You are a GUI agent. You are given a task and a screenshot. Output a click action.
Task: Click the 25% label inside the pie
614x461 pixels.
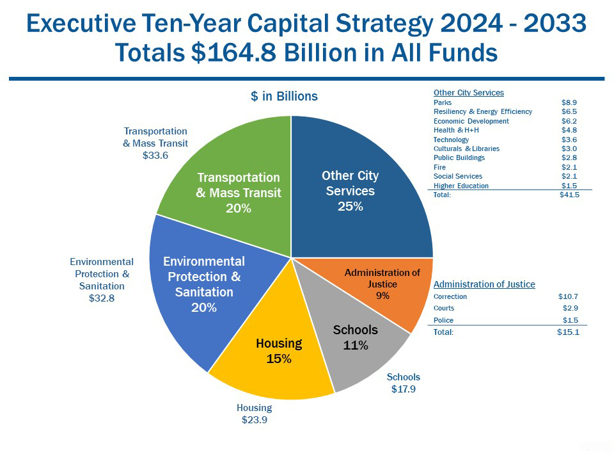(350, 206)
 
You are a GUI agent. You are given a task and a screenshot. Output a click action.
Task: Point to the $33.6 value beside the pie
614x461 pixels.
(155, 156)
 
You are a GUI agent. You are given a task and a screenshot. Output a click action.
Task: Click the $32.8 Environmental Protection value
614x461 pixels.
(102, 298)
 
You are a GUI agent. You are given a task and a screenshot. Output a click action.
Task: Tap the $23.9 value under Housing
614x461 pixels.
(255, 420)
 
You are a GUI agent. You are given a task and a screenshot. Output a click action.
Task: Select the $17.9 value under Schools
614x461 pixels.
(404, 389)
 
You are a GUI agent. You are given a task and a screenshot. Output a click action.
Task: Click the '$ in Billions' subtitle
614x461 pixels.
(284, 96)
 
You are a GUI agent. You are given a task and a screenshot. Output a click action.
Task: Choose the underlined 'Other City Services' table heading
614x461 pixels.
(469, 92)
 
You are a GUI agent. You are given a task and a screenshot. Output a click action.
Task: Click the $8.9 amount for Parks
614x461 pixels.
(569, 102)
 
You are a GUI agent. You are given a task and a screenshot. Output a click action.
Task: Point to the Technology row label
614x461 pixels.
(451, 140)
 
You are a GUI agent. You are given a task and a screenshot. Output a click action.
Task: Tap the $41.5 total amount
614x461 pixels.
(569, 195)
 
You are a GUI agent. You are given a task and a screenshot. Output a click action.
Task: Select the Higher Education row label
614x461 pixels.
(461, 186)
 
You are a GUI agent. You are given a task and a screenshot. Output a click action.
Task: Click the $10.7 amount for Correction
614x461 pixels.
(568, 296)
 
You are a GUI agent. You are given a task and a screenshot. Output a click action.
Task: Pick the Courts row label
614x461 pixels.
(444, 308)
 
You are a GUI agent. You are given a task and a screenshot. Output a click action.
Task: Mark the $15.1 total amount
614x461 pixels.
(568, 332)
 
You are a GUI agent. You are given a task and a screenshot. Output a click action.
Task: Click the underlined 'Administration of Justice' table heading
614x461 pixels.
(484, 284)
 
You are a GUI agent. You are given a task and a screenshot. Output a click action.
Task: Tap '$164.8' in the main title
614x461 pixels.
(234, 52)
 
